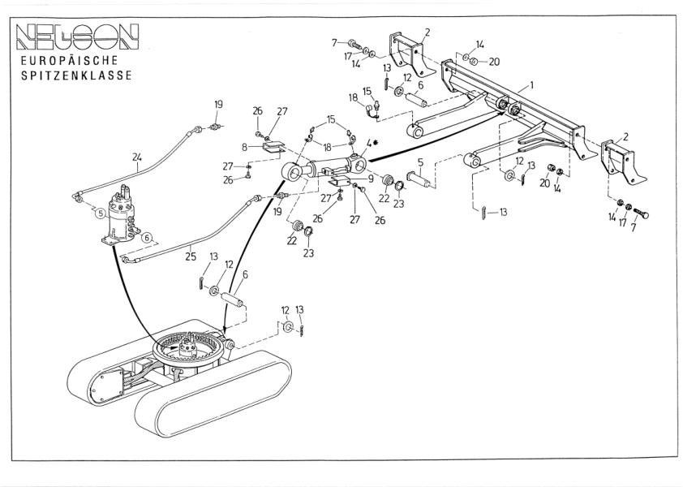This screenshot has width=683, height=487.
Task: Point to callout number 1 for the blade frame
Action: [531, 84]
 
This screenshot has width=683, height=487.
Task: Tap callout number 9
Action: [370, 178]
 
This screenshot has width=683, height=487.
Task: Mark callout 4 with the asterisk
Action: [369, 143]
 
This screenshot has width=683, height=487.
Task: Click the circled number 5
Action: [99, 213]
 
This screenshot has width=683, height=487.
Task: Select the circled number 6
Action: [147, 238]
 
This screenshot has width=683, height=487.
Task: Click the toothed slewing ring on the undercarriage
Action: [189, 351]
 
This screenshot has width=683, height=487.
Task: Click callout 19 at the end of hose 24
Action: [217, 105]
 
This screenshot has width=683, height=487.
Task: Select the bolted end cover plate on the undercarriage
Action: [101, 387]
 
